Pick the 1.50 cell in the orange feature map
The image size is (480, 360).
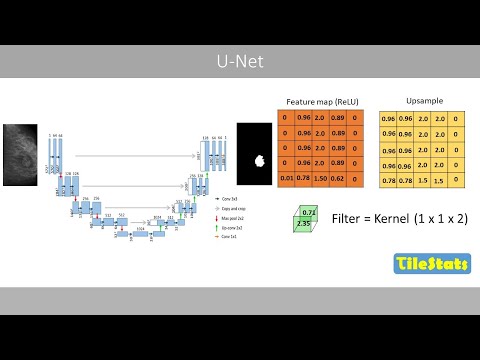tap(320, 178)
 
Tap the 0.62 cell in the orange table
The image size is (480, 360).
tap(338, 178)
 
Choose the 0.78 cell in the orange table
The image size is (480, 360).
tap(302, 178)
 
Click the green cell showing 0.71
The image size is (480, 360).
tap(310, 213)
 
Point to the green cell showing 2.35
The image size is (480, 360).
tap(303, 224)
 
